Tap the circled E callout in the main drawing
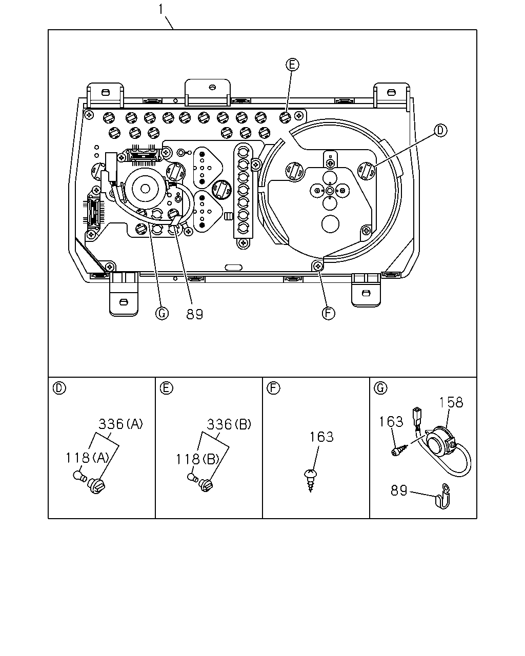[x=292, y=65]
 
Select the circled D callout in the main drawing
[x=440, y=131]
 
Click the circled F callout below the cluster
[x=328, y=313]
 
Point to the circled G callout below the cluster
[x=161, y=313]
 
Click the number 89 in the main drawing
[x=195, y=314]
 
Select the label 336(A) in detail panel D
[x=121, y=424]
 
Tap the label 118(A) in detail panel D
[x=88, y=458]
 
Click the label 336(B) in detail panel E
[x=229, y=424]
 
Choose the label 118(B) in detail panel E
[x=198, y=459]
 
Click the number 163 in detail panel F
[x=321, y=437]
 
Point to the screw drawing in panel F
[x=311, y=481]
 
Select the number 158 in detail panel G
[x=451, y=402]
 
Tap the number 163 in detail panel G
[x=391, y=422]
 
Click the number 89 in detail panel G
[x=399, y=490]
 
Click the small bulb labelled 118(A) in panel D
[x=80, y=476]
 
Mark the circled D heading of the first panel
[x=59, y=388]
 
